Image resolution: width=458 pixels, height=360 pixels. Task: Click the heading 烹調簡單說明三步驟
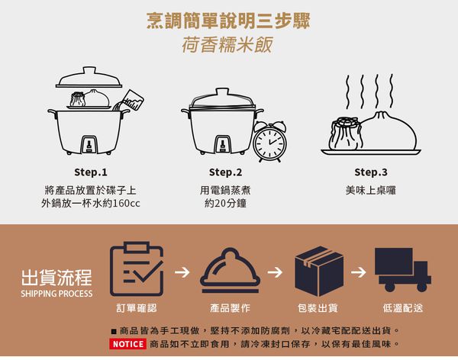tap(228, 19)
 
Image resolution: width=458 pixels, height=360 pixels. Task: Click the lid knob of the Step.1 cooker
tap(91, 71)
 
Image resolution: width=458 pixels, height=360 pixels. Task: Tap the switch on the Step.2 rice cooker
tap(222, 143)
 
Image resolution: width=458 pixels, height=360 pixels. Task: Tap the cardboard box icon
tap(318, 269)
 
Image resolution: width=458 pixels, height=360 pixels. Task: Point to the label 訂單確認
tap(136, 308)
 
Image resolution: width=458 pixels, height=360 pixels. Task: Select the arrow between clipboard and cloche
tap(182, 271)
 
